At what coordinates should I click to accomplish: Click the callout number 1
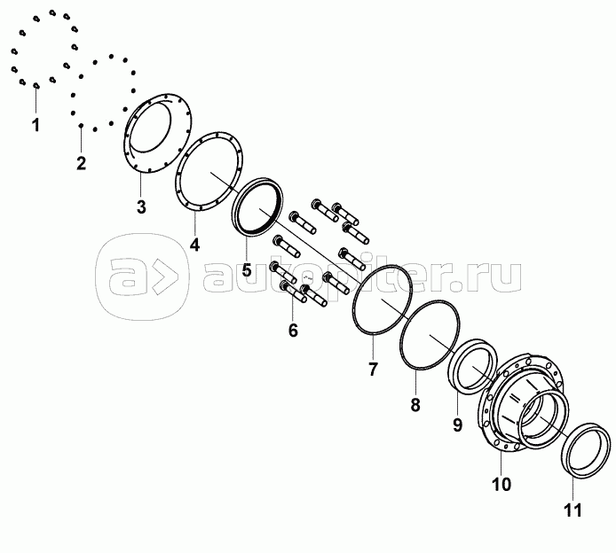click(36, 125)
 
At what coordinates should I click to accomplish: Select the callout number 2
click(81, 163)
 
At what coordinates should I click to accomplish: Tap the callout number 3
click(141, 206)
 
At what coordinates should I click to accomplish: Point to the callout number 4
click(194, 245)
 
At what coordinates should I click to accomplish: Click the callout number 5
click(247, 269)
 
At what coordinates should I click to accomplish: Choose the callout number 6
click(293, 331)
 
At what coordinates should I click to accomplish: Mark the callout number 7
click(373, 369)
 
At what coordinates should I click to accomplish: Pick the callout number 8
click(415, 405)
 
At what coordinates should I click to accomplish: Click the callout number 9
click(457, 425)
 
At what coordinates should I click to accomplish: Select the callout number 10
click(501, 485)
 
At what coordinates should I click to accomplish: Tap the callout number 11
click(573, 510)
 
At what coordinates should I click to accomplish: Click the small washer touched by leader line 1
click(36, 85)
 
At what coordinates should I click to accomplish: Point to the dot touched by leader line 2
click(81, 126)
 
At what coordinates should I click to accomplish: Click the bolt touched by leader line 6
click(294, 293)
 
